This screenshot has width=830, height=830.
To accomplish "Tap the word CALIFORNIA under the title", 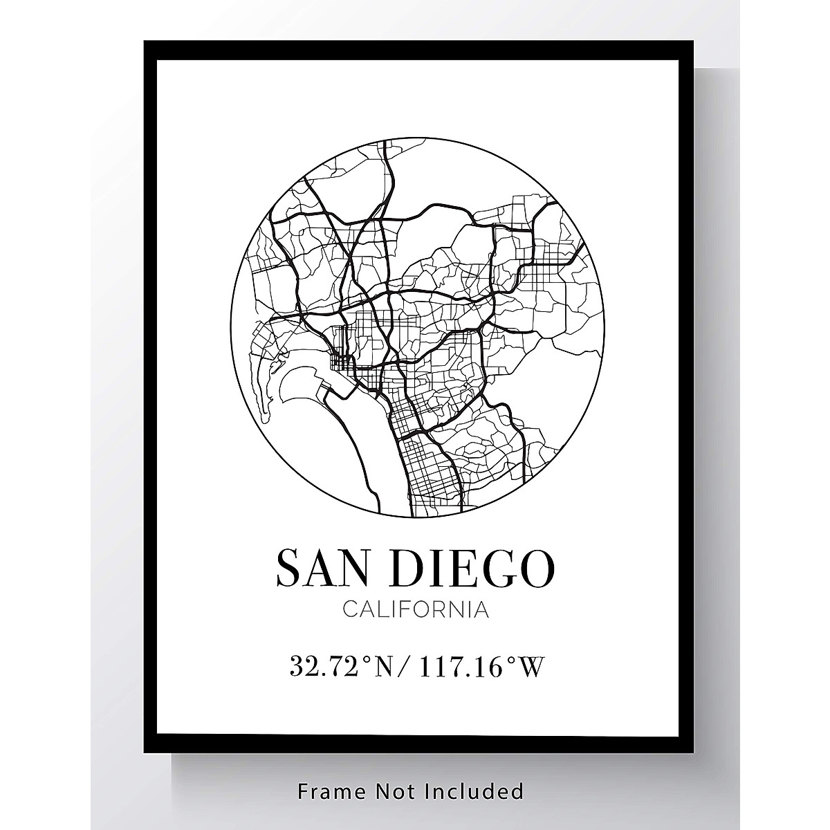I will click(415, 611).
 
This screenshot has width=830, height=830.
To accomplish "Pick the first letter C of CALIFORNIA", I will click(349, 611).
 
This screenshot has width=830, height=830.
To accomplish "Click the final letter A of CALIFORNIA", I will click(481, 611).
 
